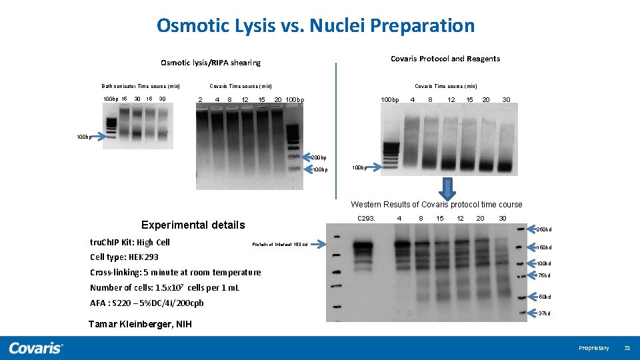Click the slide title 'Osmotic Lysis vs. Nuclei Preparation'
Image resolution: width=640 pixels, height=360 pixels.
(x=315, y=26)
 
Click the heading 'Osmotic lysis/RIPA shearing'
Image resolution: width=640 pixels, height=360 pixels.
(x=211, y=63)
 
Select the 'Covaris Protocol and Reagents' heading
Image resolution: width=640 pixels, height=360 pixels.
(x=445, y=59)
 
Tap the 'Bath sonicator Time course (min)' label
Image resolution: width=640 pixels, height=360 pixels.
(x=141, y=86)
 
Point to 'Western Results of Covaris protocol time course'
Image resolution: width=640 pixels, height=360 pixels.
(x=436, y=205)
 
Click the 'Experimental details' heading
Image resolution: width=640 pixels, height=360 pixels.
(x=193, y=225)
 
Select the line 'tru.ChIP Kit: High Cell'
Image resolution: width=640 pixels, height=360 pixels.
(x=129, y=242)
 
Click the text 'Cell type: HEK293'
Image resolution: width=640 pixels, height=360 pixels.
(x=124, y=257)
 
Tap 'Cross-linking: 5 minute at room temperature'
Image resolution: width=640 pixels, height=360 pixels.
(x=175, y=272)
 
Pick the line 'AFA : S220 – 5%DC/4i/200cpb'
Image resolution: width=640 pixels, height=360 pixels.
(x=147, y=303)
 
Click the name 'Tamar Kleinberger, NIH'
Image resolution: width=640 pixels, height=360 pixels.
(x=140, y=325)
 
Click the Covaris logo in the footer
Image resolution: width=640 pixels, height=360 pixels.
(x=36, y=348)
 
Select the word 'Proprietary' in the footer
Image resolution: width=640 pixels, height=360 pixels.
(x=593, y=348)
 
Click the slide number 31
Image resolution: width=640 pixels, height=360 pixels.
(x=627, y=348)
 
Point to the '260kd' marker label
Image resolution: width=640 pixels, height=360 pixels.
(x=544, y=229)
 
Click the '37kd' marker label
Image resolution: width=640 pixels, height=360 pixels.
(x=544, y=313)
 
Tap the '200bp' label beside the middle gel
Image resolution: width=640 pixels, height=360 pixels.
(x=319, y=158)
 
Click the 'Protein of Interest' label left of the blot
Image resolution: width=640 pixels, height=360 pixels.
(x=279, y=245)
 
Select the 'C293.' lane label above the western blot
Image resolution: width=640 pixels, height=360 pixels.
(x=366, y=219)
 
